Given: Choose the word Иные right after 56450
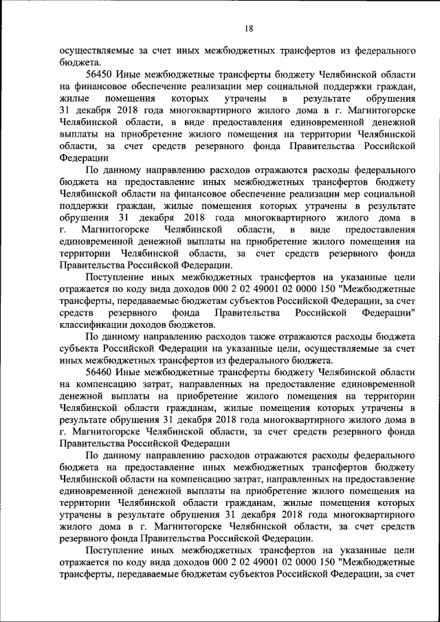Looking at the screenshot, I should point(130,74).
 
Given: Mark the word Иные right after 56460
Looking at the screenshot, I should point(130,370).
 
